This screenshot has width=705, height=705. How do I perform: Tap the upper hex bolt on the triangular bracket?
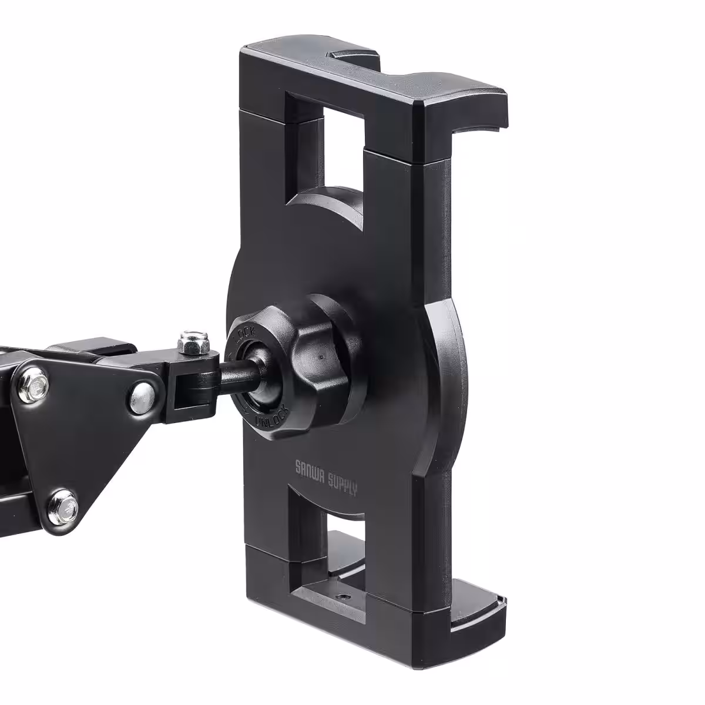pos(35,384)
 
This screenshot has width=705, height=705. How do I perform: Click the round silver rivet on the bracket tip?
pos(143,398)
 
